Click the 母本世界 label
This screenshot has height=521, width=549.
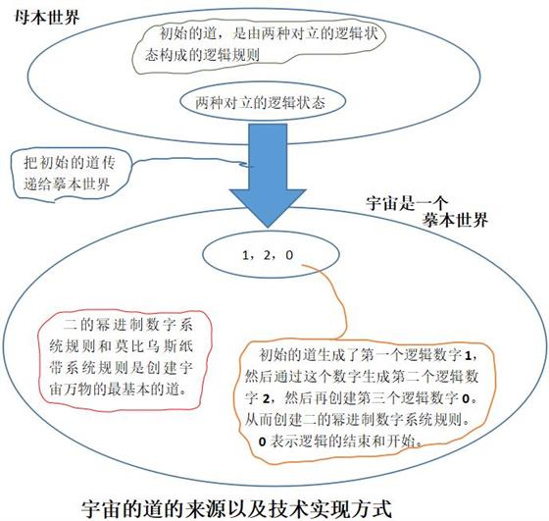47,17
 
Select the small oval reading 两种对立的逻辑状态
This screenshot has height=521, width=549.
263,102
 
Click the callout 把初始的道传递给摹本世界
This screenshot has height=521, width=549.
70,174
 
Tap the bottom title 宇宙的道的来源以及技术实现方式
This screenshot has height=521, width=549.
236,509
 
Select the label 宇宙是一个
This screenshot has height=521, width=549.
407,203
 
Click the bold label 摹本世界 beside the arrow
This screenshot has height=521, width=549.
455,220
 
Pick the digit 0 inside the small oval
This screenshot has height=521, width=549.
289,255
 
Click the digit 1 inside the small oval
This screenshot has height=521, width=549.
245,255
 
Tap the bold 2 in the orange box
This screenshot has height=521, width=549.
267,398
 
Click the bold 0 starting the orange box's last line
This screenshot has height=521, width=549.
263,442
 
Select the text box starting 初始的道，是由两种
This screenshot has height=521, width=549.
261,45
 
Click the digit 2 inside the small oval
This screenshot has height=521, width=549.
267,255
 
